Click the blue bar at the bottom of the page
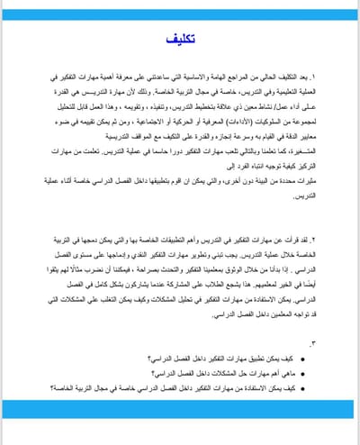click(180, 409)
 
